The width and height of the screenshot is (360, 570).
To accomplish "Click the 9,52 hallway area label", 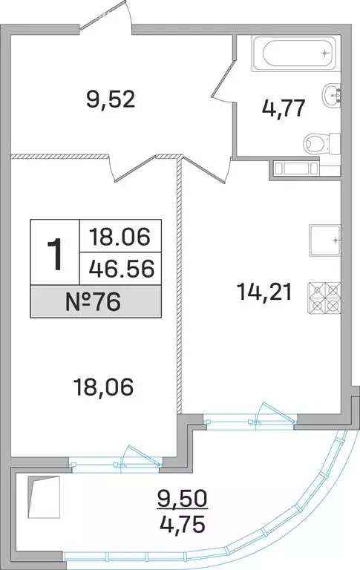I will [x=111, y=99].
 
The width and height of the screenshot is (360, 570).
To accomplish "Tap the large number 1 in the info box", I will [x=53, y=255].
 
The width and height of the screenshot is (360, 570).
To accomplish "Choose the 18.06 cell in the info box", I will [x=120, y=237].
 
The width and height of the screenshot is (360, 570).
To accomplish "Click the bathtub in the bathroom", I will [x=294, y=53].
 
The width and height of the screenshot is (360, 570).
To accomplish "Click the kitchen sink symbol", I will [x=325, y=240].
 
